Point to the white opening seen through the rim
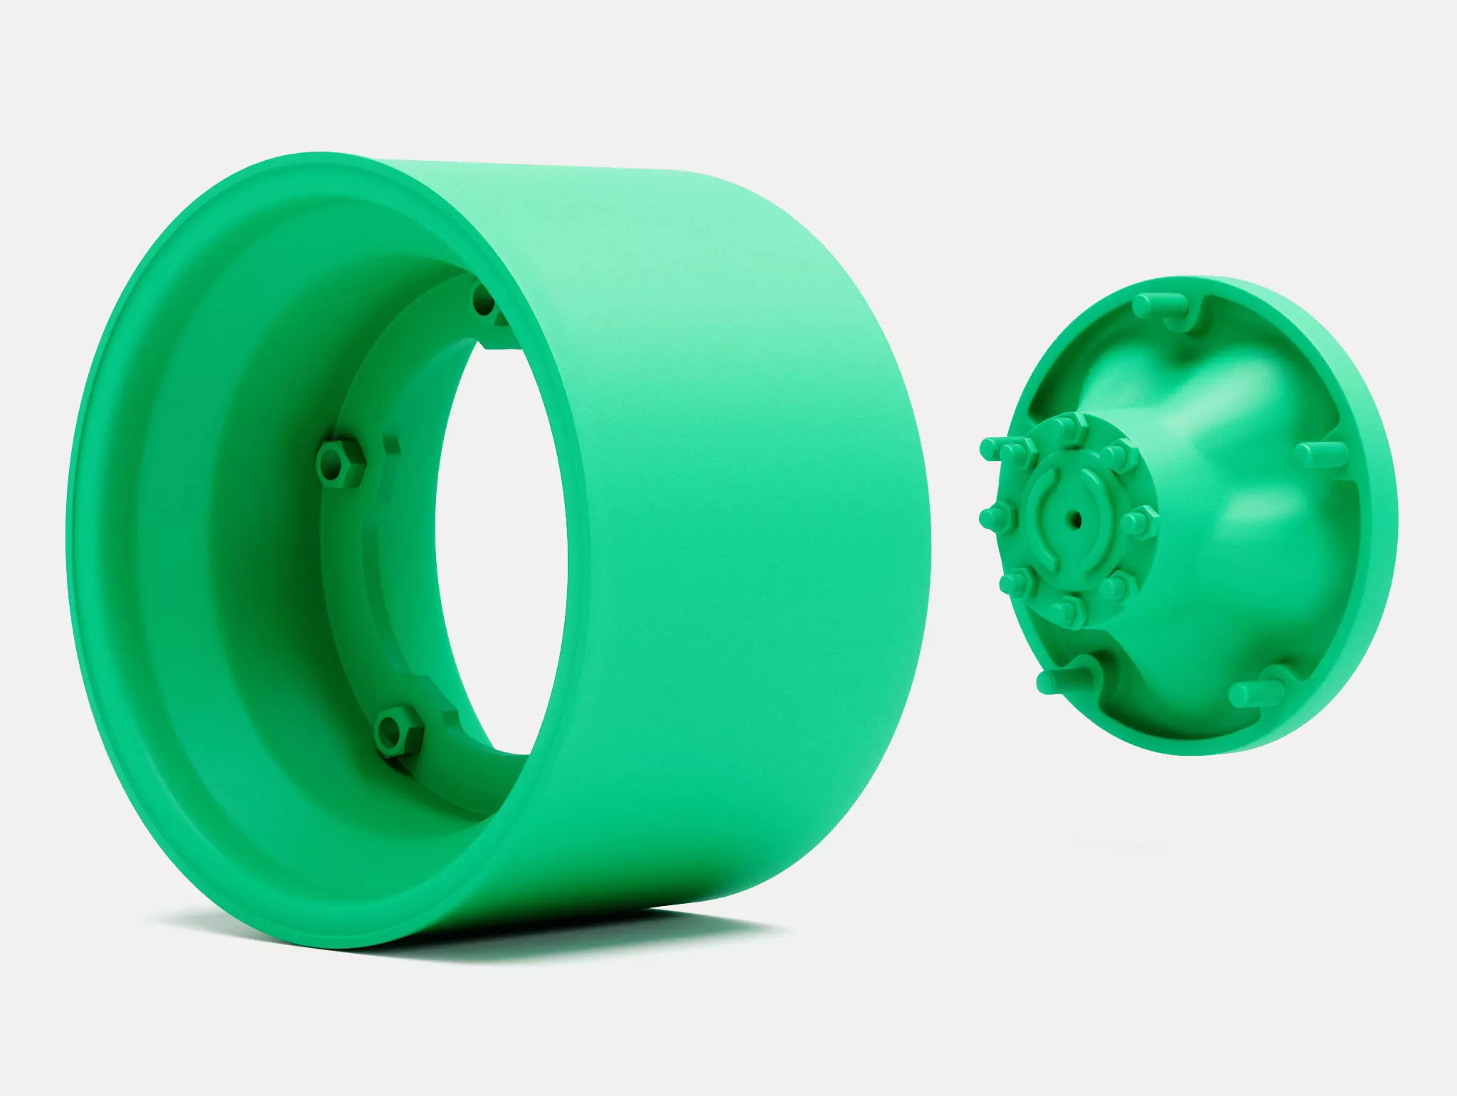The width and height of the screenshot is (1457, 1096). (502, 541)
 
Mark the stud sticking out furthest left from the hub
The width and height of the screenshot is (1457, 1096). (990, 449)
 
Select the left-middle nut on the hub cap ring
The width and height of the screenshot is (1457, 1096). (993, 518)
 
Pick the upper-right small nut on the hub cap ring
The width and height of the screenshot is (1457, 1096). (1115, 453)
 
